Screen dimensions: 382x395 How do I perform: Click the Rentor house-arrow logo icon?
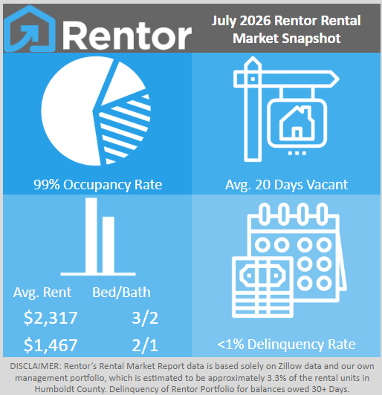[30, 29]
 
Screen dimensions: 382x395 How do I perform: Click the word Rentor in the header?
[127, 36]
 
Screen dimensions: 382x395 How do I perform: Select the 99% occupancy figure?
[47, 185]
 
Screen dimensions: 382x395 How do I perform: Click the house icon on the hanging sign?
[297, 123]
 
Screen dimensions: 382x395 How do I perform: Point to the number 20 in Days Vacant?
[263, 185]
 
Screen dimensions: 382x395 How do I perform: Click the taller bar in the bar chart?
[91, 235]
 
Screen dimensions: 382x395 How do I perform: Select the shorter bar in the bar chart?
[109, 245]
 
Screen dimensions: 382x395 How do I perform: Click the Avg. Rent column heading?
[42, 293]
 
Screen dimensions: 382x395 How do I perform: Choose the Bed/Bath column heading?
[121, 293]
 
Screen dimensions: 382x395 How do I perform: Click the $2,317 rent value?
[51, 318]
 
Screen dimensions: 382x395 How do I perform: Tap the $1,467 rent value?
[51, 345]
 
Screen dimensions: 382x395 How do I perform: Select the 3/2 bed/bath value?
[145, 318]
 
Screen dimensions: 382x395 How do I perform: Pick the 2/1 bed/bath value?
[145, 345]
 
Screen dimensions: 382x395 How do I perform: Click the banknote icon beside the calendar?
[263, 287]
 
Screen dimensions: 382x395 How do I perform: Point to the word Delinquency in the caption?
[286, 345]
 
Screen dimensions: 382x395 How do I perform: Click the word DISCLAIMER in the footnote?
[35, 366]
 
